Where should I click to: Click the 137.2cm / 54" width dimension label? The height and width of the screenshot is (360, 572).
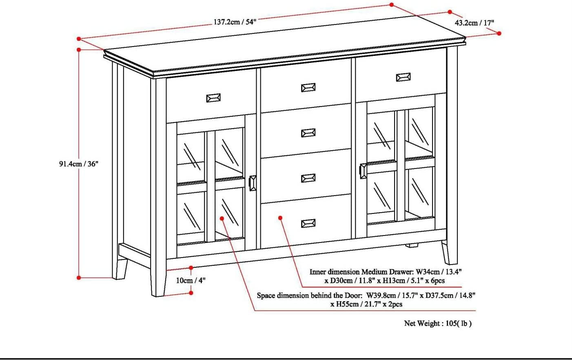pos(235,22)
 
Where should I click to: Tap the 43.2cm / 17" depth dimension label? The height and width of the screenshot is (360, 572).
pos(474,23)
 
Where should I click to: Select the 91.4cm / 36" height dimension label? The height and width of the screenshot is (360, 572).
pos(79,164)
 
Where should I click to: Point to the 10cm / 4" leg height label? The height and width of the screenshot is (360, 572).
pos(191,280)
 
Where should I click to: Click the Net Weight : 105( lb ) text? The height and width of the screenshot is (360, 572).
pos(438,323)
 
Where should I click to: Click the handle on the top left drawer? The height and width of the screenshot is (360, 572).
pos(213,98)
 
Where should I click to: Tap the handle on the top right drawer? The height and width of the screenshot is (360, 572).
pos(403,77)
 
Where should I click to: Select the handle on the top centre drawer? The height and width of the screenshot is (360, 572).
pos(308,88)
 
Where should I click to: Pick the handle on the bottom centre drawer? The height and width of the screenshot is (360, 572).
pos(308,223)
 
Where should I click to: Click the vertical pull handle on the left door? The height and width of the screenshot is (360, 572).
pos(253,183)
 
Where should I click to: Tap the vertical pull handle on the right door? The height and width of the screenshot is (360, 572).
pos(363,171)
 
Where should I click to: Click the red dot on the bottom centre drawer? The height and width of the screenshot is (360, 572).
pos(280,218)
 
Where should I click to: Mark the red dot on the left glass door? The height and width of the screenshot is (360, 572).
pos(222,218)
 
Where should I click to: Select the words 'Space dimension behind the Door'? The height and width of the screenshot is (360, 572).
pos(309,296)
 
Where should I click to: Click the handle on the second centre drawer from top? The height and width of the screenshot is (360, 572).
pos(308,133)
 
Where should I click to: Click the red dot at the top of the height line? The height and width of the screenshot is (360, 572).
pos(79,49)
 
